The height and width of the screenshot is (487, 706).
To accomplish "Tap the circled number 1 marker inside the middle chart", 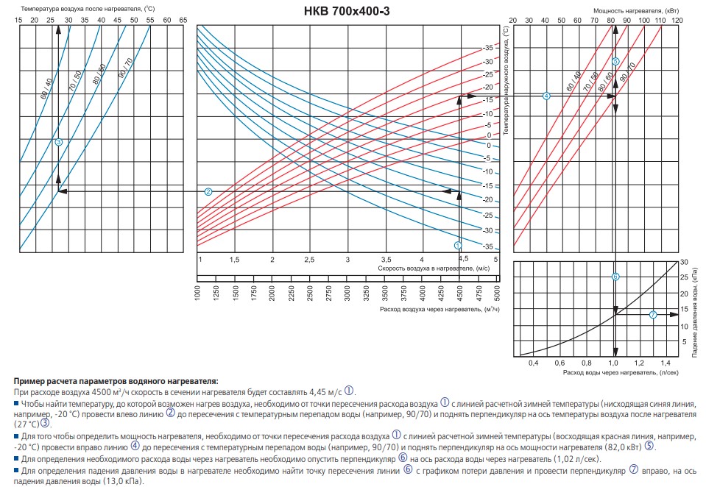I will (458, 244).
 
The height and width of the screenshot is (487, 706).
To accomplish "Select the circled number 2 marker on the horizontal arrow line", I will (208, 191).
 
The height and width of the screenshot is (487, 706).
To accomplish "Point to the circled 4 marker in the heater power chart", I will (546, 96).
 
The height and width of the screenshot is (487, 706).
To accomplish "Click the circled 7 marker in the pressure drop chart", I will (653, 315).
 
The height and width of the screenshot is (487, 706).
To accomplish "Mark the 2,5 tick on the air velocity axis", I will (310, 260).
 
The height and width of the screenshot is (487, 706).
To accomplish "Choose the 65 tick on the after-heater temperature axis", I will (183, 20).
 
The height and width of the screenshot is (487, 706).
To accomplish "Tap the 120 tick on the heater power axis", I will (677, 20).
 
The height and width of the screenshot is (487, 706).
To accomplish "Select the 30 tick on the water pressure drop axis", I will (684, 263).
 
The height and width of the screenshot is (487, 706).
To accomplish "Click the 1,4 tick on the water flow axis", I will (666, 363).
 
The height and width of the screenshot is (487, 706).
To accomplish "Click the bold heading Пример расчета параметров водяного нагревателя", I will (116, 381).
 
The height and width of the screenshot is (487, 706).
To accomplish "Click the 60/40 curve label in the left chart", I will (47, 90).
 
